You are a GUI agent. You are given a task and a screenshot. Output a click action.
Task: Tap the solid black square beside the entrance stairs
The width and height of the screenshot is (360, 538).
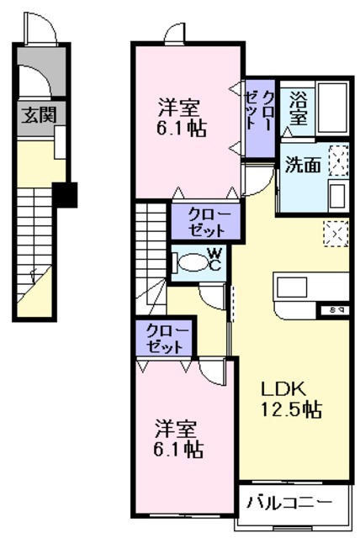[65, 195]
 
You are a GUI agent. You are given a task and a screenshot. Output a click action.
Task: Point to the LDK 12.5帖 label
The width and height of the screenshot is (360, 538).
[289, 400]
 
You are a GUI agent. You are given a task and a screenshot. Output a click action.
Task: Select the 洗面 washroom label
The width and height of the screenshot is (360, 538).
[301, 165]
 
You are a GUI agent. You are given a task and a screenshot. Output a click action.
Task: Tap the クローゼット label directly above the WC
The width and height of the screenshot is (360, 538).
[205, 220]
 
